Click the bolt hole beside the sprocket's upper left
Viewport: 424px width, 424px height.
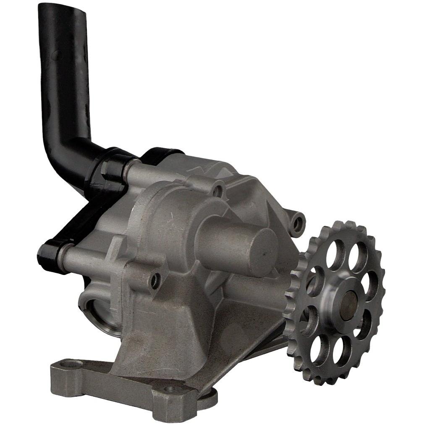tap(298, 222)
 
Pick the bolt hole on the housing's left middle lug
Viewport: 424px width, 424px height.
tap(155, 280)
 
